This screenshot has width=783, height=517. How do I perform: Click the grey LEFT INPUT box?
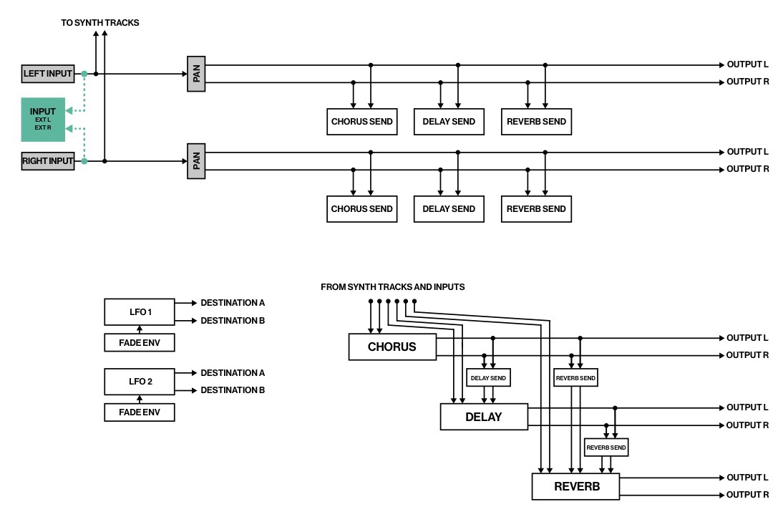(x=48, y=74)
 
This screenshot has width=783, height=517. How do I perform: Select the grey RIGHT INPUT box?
(x=48, y=161)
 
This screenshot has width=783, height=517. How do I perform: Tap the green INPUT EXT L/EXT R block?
(x=43, y=120)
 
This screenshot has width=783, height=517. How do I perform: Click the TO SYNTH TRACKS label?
(x=100, y=22)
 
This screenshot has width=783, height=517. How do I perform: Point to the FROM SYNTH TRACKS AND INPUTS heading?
(x=392, y=286)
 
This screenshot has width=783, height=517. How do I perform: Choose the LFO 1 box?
(x=140, y=311)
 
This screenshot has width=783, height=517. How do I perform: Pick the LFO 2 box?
(x=140, y=382)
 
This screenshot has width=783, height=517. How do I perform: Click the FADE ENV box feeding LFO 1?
(x=140, y=343)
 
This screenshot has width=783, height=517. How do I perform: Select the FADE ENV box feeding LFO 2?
(x=140, y=412)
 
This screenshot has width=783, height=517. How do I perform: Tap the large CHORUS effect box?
(x=392, y=347)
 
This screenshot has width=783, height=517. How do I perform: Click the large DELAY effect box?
(x=484, y=417)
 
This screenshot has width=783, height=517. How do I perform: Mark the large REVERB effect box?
(x=575, y=486)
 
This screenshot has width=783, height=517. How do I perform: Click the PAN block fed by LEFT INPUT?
(x=196, y=74)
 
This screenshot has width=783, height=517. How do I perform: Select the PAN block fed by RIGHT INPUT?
(x=196, y=161)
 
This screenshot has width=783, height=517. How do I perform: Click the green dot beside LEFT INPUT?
(x=84, y=74)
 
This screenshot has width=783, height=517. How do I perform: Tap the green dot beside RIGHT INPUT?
(x=84, y=161)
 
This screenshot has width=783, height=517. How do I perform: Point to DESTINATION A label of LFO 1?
(x=233, y=303)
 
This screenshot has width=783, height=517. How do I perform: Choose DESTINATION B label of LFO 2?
(x=233, y=390)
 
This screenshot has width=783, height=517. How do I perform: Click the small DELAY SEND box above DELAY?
(x=488, y=377)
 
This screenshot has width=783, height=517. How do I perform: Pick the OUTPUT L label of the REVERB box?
(x=747, y=478)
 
